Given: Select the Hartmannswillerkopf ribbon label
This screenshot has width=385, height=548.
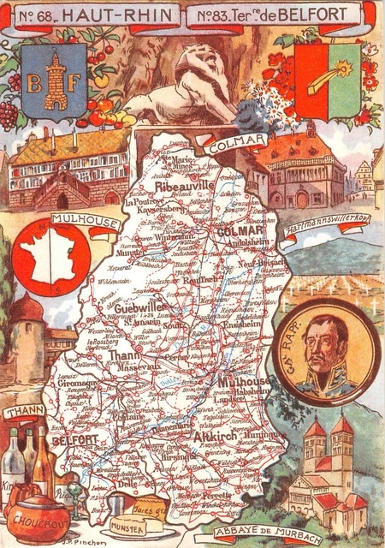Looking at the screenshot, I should point(335,222).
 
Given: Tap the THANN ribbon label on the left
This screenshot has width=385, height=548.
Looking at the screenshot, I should point(24,412).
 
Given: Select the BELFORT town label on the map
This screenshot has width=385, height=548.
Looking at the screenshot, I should point(74,439).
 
